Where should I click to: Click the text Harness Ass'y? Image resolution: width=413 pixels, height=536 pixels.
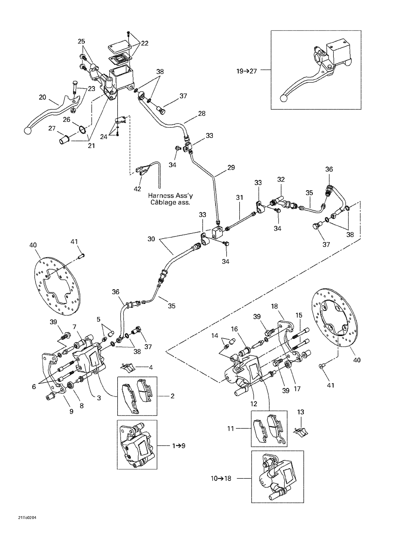click(170, 195)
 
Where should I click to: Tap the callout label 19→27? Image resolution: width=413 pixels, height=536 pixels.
click(246, 71)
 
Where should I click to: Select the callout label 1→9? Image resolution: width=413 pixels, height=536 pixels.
click(179, 446)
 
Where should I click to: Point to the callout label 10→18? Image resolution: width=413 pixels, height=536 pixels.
click(221, 478)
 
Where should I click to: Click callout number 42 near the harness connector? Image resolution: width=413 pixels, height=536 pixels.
click(137, 189)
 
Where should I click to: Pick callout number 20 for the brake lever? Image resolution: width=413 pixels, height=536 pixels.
click(42, 97)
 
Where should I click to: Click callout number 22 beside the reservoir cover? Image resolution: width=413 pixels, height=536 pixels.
click(145, 43)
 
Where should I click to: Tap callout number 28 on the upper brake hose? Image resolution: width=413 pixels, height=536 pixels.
click(202, 113)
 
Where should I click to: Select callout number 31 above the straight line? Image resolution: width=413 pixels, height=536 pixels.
click(240, 197)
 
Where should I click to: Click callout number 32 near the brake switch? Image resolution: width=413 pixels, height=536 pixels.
click(281, 179)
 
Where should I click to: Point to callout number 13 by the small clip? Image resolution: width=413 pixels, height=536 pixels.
click(300, 412)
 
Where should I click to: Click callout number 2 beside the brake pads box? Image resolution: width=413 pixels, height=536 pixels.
click(172, 396)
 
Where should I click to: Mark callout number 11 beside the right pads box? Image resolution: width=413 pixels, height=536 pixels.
click(230, 429)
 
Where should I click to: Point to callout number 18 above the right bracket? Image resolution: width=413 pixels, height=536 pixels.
click(274, 306)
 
